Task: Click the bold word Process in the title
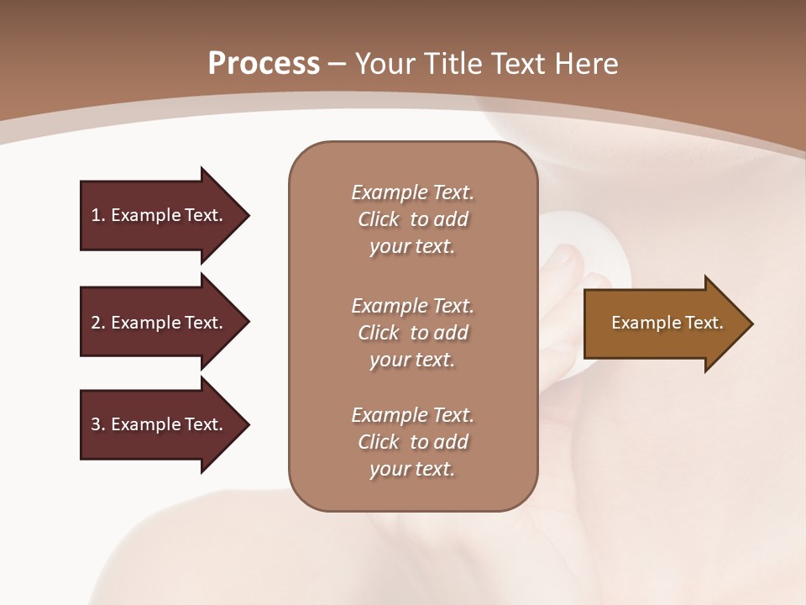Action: [264, 64]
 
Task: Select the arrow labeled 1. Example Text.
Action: [160, 215]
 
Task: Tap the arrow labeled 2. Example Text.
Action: [160, 323]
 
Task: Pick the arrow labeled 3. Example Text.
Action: [160, 424]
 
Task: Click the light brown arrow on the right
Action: [663, 324]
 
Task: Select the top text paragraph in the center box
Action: [412, 219]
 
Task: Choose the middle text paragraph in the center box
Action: [412, 332]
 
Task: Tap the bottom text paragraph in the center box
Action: [412, 442]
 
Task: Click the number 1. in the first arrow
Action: [98, 215]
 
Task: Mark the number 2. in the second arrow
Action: [98, 323]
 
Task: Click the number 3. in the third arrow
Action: [98, 424]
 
